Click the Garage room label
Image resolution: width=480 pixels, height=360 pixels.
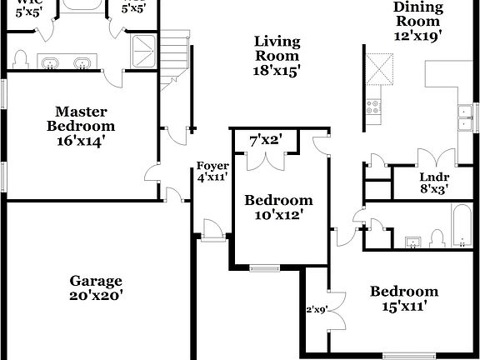pyautogui.click(x=96, y=281)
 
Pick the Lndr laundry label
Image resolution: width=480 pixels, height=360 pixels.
pyautogui.click(x=433, y=176)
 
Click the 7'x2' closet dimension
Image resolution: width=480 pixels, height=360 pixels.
pyautogui.click(x=266, y=141)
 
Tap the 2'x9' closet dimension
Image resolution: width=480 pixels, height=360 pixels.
pyautogui.click(x=317, y=310)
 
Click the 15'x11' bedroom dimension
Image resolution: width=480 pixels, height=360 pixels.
pyautogui.click(x=404, y=306)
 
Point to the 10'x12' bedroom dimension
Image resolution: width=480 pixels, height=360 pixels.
pyautogui.click(x=278, y=214)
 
